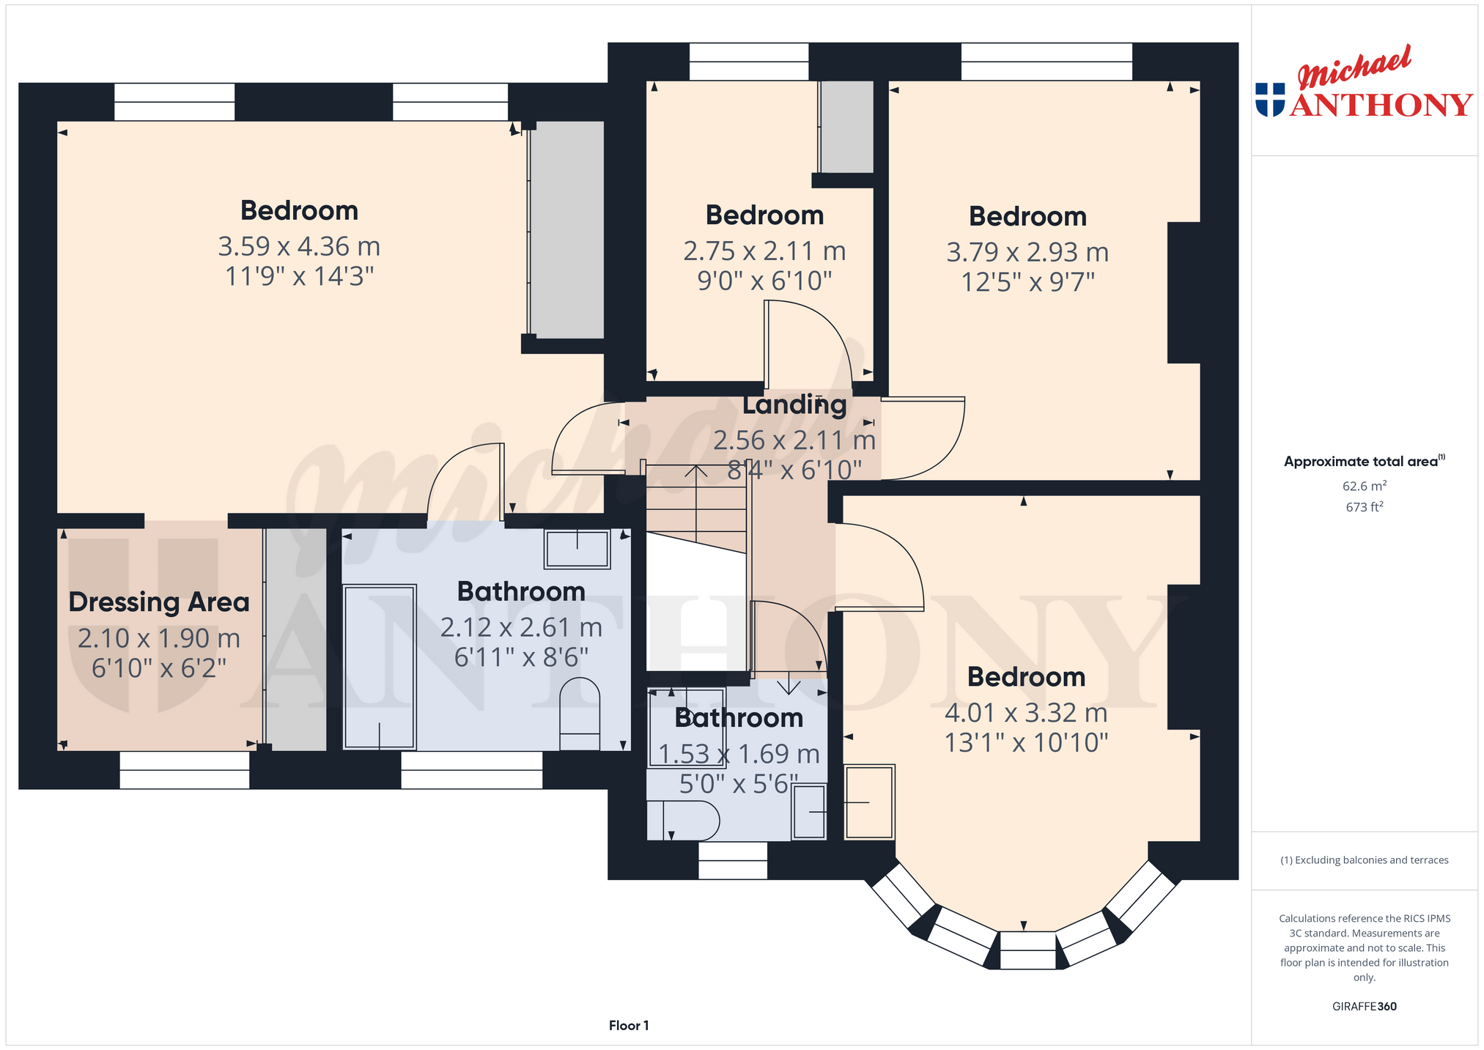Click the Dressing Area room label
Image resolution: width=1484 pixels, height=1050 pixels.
click(x=159, y=602)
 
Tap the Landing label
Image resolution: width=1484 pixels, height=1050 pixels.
click(x=794, y=404)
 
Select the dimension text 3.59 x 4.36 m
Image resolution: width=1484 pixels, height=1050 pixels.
click(x=299, y=246)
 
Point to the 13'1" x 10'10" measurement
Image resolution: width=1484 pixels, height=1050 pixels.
click(x=1026, y=743)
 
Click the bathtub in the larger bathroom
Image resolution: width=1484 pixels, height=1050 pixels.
click(x=380, y=667)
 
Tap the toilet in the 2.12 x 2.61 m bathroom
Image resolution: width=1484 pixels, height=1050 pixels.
click(x=580, y=714)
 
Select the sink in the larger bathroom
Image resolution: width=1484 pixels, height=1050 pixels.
click(x=577, y=550)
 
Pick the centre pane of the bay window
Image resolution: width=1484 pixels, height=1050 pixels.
click(x=1027, y=950)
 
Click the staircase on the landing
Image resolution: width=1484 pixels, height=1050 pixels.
click(x=696, y=509)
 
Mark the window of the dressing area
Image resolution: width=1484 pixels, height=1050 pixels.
click(x=185, y=770)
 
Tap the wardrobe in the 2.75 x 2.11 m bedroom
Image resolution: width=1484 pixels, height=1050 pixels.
click(x=846, y=127)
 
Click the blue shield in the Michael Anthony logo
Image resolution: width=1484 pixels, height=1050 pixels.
click(x=1270, y=100)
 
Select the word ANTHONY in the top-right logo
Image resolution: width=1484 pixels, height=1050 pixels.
click(x=1381, y=105)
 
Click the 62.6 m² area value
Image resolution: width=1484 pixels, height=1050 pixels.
click(x=1364, y=486)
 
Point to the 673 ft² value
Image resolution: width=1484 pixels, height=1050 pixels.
click(x=1364, y=506)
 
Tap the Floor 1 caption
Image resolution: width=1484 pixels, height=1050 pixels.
click(x=629, y=1025)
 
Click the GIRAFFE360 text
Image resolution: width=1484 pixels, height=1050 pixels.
click(x=1364, y=1006)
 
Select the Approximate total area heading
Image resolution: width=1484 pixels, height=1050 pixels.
click(x=1364, y=461)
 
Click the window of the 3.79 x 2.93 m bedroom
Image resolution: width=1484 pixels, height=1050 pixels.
click(x=1046, y=62)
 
